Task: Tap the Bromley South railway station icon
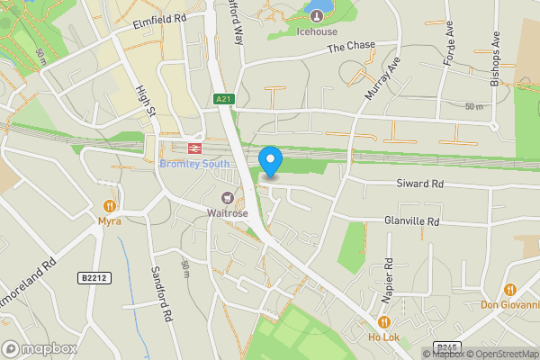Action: click(x=193, y=148)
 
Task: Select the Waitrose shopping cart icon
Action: click(x=228, y=198)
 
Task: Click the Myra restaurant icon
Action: click(x=110, y=204)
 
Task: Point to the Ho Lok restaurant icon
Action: click(x=384, y=322)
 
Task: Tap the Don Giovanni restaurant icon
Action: click(x=510, y=289)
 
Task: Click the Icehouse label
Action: click(x=317, y=31)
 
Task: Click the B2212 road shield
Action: click(x=93, y=278)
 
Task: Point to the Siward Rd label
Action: click(x=420, y=184)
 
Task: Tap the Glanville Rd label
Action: click(x=411, y=221)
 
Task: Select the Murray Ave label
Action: click(x=381, y=78)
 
